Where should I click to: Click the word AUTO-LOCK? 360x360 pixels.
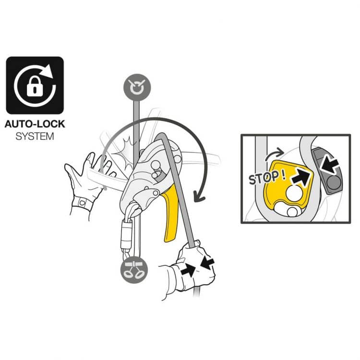tap(35, 124)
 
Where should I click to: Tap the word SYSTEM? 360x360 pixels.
tap(35, 136)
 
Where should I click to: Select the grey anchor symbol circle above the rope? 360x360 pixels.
tap(137, 87)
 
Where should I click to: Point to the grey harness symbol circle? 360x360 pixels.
tap(134, 270)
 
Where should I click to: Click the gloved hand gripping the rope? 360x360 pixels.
tap(193, 269)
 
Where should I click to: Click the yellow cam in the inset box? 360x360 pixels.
tap(287, 186)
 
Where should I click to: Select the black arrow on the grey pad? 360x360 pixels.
tap(330, 165)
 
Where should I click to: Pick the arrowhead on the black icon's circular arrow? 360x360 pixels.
tap(48, 71)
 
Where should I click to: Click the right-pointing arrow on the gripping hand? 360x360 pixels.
tap(188, 270)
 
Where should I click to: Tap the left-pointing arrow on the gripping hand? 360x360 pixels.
tap(207, 263)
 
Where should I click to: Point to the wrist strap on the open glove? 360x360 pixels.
tap(82, 203)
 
